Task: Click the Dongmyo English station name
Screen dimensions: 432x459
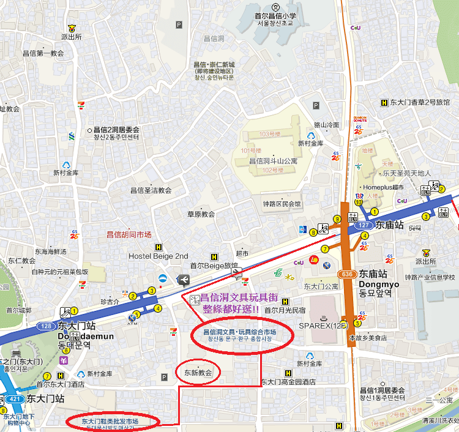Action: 379,284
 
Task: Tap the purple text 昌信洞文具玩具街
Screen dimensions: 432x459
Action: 239,298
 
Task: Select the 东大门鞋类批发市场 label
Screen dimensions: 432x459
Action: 110,422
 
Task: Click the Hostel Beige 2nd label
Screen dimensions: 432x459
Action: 159,256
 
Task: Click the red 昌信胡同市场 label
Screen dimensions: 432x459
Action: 129,234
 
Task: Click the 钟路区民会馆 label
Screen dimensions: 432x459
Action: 282,204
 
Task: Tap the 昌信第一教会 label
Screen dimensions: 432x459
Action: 42,53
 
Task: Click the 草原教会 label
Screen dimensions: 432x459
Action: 201,214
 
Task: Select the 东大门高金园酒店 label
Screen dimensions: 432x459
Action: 288,382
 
